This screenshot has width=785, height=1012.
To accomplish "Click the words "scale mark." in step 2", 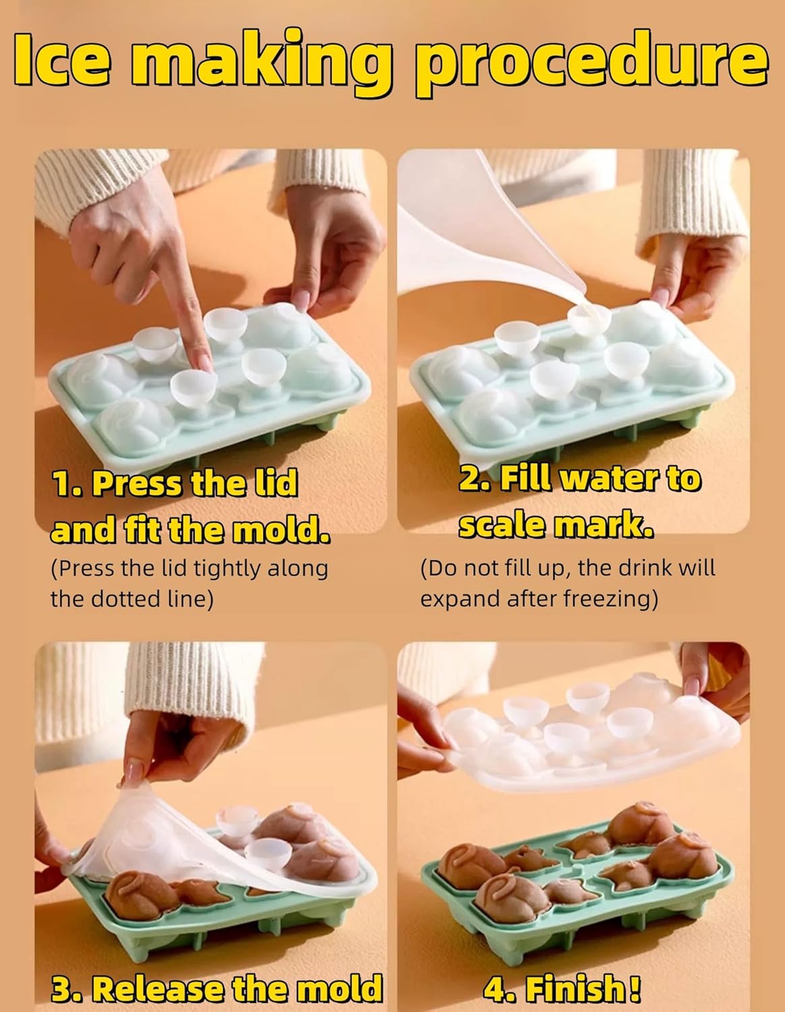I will tap(556, 526).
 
